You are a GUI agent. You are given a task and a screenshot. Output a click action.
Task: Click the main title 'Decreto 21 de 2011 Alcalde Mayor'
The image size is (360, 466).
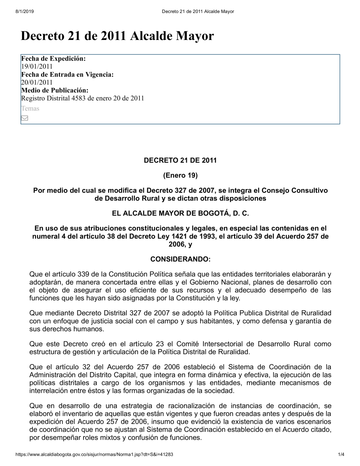point(117,36)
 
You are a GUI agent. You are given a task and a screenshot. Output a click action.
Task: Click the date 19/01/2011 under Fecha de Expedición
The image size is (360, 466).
point(37,66)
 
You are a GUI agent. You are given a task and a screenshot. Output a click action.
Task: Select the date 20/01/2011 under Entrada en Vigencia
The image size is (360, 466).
point(37,82)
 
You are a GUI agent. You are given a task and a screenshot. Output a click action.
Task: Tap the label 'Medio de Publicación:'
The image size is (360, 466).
point(55,90)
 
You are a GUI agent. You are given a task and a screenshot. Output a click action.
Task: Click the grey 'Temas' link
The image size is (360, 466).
point(30,108)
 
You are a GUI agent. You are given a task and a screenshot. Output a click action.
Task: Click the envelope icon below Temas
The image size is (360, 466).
point(24,118)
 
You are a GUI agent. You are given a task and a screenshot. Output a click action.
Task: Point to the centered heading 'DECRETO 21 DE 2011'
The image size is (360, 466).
point(180,161)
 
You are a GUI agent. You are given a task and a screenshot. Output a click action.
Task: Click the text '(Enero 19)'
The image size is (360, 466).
point(180,176)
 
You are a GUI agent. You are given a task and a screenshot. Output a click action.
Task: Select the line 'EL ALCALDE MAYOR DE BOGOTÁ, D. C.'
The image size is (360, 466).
point(180,213)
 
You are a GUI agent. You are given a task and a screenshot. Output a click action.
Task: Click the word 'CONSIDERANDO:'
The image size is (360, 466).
point(180,259)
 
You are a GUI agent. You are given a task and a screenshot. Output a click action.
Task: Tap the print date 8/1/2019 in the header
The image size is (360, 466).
point(24,12)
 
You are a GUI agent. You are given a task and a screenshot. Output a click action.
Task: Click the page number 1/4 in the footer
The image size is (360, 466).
point(341,454)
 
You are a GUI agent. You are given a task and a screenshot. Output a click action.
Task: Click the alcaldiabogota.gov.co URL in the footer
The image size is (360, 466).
point(94,454)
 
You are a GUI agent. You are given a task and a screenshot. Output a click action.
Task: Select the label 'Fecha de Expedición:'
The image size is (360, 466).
point(53,58)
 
